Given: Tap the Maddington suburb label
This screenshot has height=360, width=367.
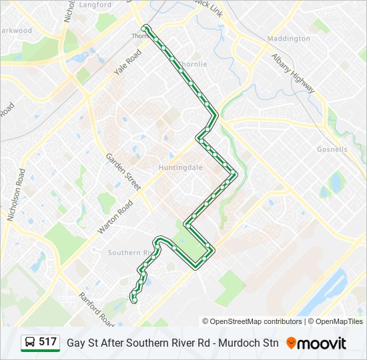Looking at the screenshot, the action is [x=288, y=39].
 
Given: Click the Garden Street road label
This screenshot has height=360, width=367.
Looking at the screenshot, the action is [x=123, y=172].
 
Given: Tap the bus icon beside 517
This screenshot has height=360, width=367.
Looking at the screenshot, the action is [x=31, y=343].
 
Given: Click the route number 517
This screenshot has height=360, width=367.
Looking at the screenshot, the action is [x=48, y=342].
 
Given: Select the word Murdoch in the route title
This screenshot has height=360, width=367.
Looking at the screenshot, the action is [x=235, y=343].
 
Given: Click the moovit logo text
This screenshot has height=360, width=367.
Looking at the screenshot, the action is [x=322, y=343].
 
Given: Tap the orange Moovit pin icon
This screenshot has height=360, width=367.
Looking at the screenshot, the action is [x=291, y=343].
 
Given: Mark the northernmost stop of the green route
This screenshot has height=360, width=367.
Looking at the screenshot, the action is [x=145, y=28].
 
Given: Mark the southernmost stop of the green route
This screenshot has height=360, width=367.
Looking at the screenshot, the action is [x=134, y=300].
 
